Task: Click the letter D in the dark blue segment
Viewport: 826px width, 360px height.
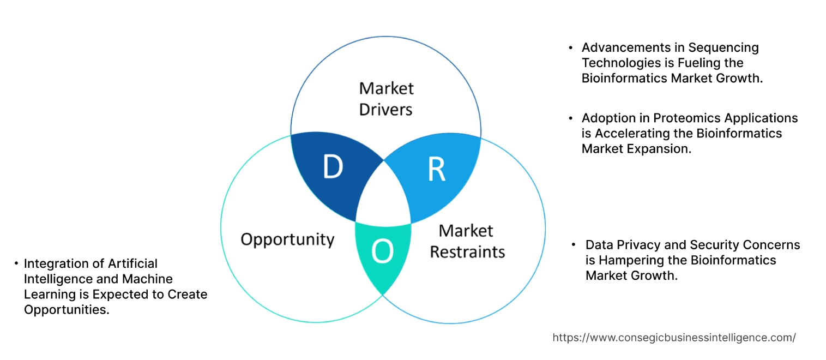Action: tap(333, 167)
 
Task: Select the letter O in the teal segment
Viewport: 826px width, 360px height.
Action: tap(382, 251)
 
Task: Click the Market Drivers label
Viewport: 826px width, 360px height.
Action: tap(386, 99)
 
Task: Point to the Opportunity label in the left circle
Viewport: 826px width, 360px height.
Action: tap(287, 239)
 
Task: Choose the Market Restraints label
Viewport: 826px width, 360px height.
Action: tap(467, 241)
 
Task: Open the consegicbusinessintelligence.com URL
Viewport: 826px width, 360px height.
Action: tap(674, 338)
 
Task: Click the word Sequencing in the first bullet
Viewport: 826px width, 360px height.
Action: tap(723, 47)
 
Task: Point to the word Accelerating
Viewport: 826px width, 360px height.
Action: tap(643, 133)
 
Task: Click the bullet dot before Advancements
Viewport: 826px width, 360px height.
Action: tap(571, 47)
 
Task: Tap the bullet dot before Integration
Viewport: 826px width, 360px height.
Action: tap(16, 263)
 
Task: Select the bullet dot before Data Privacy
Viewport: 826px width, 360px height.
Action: tap(574, 245)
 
